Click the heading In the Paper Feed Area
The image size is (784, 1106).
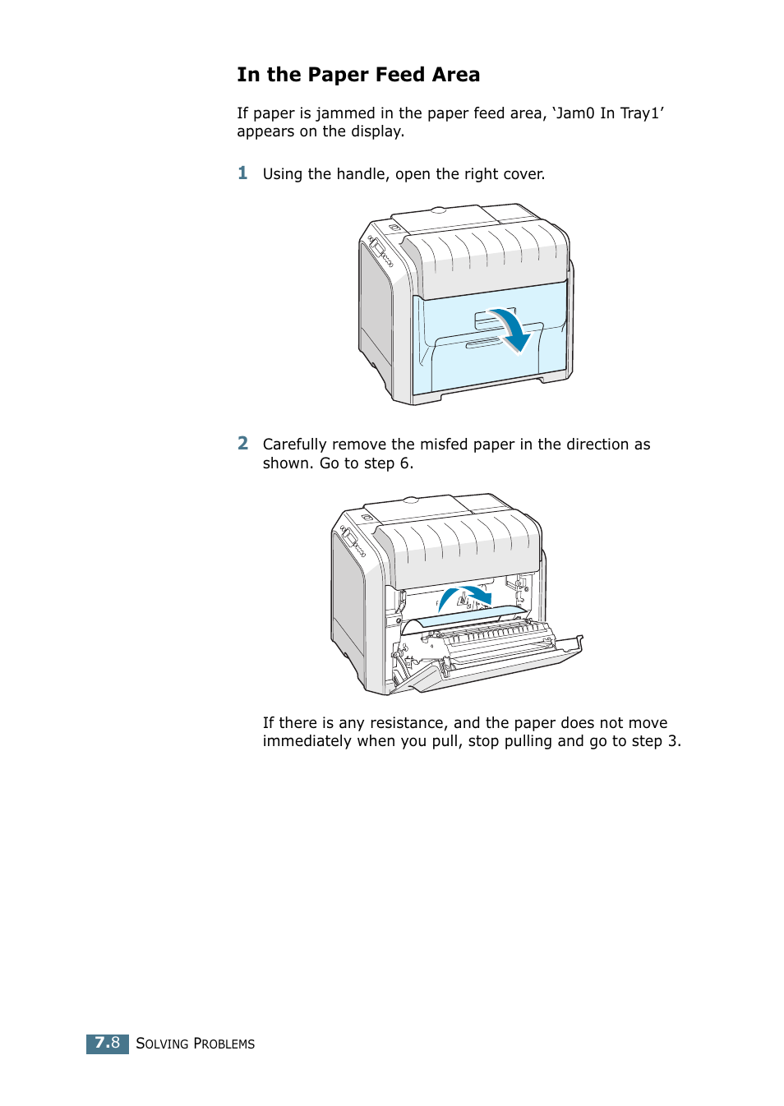click(x=357, y=75)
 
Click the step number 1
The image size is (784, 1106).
click(x=242, y=173)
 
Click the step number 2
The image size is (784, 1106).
click(x=242, y=443)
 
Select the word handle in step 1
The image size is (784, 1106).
click(x=358, y=174)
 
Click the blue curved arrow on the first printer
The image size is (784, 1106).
click(x=510, y=327)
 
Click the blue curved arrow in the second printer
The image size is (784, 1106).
click(x=464, y=595)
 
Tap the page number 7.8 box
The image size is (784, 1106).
click(x=107, y=1043)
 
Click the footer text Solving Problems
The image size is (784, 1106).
click(x=195, y=1044)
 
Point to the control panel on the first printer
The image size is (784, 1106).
click(x=380, y=251)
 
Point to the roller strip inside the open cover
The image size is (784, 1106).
click(x=493, y=634)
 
